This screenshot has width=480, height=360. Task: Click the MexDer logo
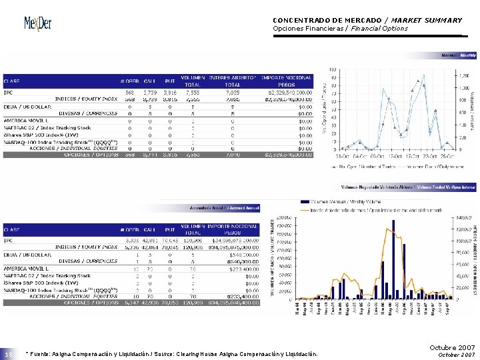coord(39,23)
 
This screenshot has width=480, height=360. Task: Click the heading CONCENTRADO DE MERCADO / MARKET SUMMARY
coord(367,20)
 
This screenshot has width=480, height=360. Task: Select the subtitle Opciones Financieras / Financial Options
coord(340,29)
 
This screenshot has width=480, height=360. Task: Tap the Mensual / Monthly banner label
coord(457,55)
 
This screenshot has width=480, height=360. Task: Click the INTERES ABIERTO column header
coord(233,77)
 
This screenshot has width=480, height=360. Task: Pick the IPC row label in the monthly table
coord(9,92)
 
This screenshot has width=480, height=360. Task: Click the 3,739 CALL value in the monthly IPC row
coord(150,92)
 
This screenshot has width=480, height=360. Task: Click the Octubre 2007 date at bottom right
coord(453,348)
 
